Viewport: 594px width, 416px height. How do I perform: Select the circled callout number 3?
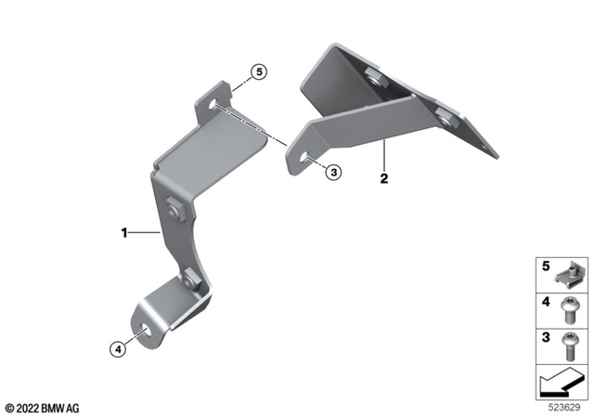[x=334, y=171]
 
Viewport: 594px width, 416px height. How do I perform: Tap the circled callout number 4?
[x=117, y=349]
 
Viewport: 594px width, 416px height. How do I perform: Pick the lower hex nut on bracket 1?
[x=191, y=276]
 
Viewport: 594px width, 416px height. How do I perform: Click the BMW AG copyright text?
[x=42, y=407]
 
